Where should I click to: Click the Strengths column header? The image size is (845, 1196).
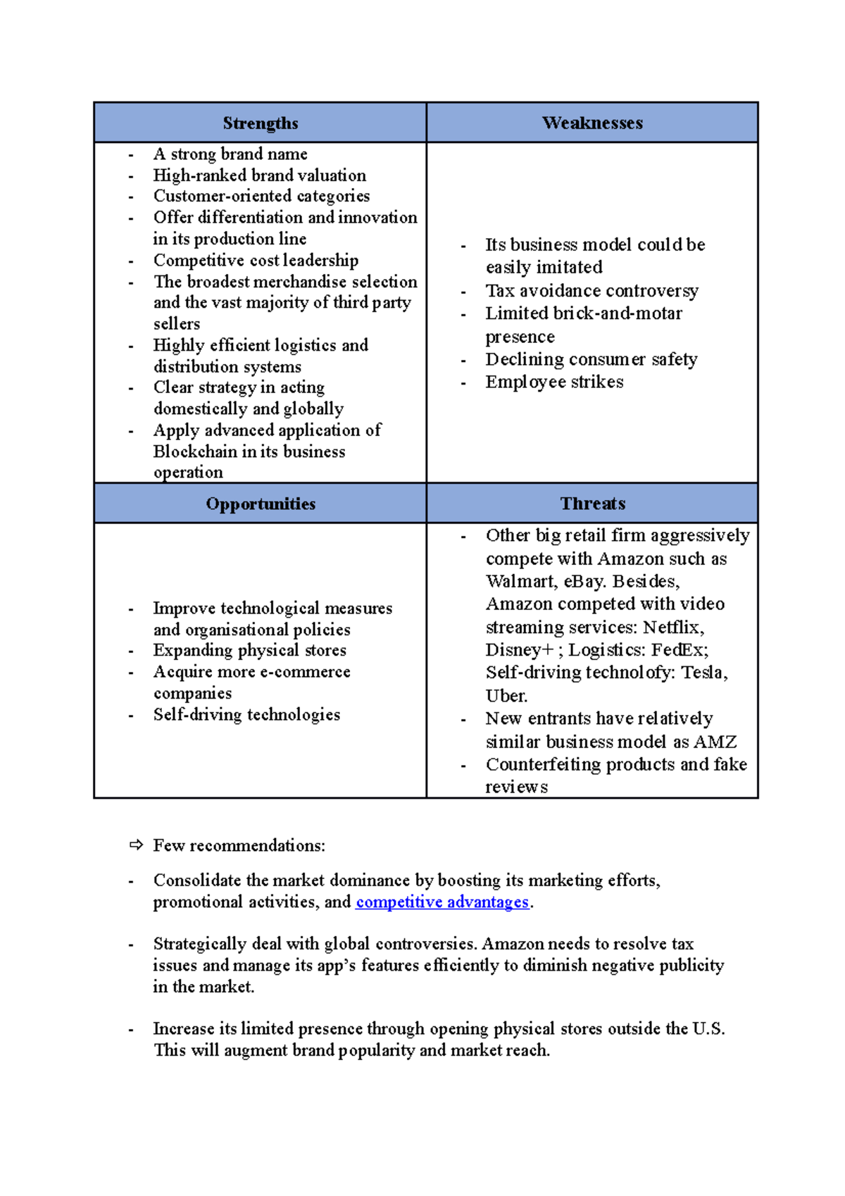click(261, 123)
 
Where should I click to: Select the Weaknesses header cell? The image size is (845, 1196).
click(592, 123)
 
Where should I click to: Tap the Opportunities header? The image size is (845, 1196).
click(261, 504)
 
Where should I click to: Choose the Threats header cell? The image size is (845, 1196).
click(592, 504)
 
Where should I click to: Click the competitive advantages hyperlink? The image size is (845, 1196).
click(442, 902)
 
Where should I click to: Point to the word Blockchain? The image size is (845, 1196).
click(195, 451)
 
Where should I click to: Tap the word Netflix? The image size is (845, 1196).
click(673, 627)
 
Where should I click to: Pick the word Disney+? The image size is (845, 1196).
click(519, 650)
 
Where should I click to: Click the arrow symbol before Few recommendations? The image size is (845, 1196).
click(136, 845)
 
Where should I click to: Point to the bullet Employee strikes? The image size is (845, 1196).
click(554, 382)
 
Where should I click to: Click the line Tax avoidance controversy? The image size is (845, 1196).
click(591, 291)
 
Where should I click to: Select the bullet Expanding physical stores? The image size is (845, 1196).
click(250, 650)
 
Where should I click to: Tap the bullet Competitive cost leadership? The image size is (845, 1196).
click(256, 261)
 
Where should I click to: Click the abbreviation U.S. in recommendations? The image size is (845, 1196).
click(708, 1029)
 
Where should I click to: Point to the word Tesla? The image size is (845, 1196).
click(704, 673)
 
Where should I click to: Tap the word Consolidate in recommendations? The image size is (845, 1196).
click(197, 880)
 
